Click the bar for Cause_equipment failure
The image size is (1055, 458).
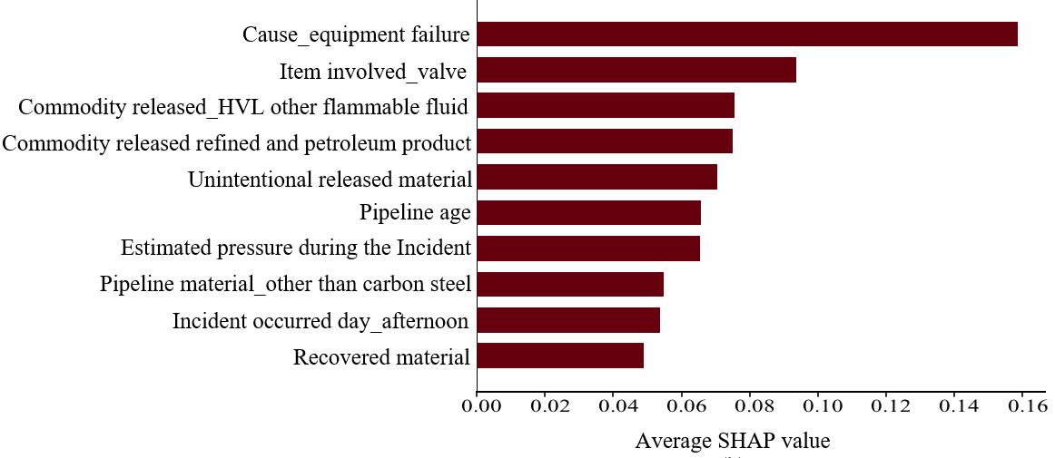pyautogui.click(x=746, y=34)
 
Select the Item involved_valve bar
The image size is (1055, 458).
pyautogui.click(x=636, y=70)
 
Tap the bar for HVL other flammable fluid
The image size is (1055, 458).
pyautogui.click(x=605, y=106)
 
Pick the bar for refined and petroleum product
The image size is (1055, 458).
pyautogui.click(x=604, y=141)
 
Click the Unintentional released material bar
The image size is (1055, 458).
pyautogui.click(x=597, y=177)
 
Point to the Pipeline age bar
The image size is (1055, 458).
pyautogui.click(x=588, y=213)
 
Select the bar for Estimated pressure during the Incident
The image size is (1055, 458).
pyautogui.click(x=587, y=248)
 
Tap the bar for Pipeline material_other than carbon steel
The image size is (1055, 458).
pyautogui.click(x=569, y=284)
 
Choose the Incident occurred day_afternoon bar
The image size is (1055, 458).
pyautogui.click(x=567, y=320)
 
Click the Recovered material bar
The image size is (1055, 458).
pyautogui.click(x=559, y=356)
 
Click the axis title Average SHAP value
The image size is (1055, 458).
pyautogui.click(x=733, y=442)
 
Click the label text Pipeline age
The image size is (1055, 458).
pyautogui.click(x=415, y=213)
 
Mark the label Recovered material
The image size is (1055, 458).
pyautogui.click(x=381, y=357)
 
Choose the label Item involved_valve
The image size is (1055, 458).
pyautogui.click(x=372, y=72)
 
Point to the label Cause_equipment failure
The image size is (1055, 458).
pyautogui.click(x=356, y=35)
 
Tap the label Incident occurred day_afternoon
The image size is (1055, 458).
pyautogui.click(x=320, y=321)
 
